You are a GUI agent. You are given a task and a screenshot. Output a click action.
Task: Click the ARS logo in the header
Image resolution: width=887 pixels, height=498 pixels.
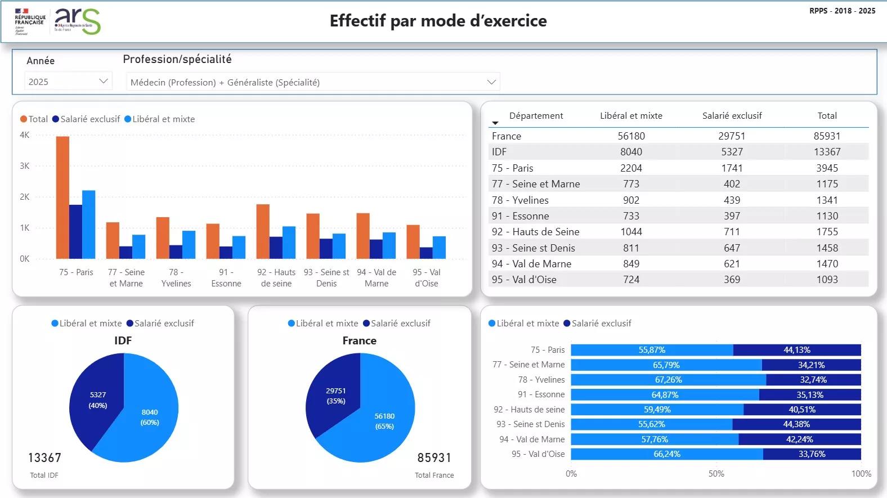click(x=78, y=21)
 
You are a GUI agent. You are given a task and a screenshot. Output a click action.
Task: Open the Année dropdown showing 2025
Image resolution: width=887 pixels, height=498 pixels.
click(x=68, y=82)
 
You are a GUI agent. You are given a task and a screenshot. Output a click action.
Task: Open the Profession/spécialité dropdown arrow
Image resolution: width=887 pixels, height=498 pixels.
click(x=491, y=82)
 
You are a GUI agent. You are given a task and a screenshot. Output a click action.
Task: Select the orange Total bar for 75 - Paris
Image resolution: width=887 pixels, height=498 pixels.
click(x=62, y=197)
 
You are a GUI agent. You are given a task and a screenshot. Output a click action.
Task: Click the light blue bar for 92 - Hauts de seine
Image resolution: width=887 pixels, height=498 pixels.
click(x=289, y=243)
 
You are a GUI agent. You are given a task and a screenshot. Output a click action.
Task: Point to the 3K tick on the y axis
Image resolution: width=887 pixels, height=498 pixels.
click(x=24, y=166)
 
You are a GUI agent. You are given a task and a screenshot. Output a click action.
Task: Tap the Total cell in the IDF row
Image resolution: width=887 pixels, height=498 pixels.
click(x=827, y=152)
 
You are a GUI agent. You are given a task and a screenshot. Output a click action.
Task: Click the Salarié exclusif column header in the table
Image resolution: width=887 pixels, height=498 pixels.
click(x=732, y=116)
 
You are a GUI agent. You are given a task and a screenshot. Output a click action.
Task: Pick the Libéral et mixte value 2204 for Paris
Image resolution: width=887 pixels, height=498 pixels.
click(x=631, y=168)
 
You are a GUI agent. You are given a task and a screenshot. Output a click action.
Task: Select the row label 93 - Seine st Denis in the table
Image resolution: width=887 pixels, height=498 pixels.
click(x=533, y=248)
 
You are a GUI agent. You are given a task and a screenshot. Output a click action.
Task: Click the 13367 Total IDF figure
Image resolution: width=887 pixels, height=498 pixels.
click(x=44, y=458)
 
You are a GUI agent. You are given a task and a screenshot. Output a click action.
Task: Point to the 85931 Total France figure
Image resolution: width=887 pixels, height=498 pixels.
click(x=434, y=458)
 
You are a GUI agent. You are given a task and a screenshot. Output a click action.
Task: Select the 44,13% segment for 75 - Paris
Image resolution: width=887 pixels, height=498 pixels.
click(x=796, y=350)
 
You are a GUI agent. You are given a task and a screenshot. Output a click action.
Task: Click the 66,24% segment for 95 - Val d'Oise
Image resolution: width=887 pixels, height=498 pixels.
click(x=667, y=454)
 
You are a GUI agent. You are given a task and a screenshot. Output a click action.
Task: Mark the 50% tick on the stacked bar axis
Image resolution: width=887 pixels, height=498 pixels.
click(x=716, y=474)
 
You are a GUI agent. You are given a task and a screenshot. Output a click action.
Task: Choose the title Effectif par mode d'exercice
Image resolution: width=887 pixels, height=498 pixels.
click(x=438, y=21)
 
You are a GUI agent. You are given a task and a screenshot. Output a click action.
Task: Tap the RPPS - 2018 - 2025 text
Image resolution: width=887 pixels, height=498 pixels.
click(x=842, y=11)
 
